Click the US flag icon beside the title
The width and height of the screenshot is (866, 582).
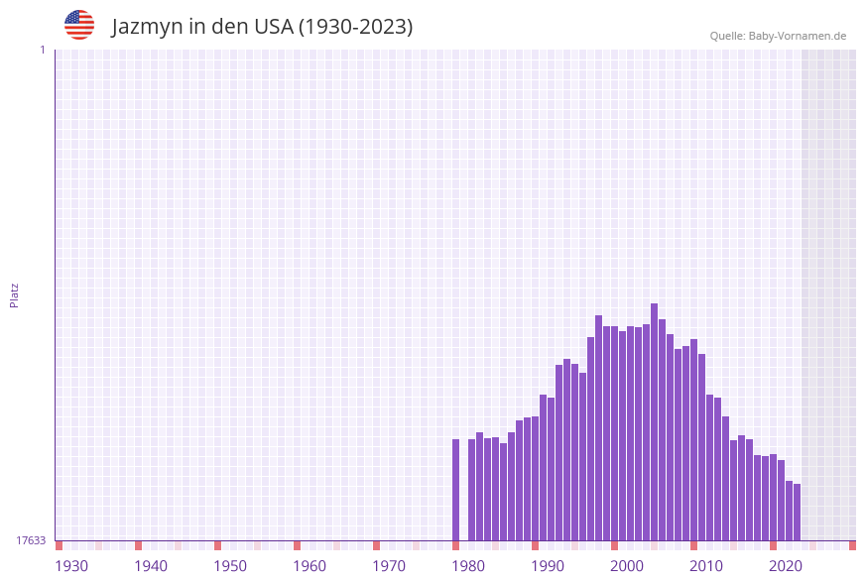(79, 25)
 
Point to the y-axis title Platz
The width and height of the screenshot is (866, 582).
(15, 294)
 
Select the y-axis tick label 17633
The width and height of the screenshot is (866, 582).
(31, 540)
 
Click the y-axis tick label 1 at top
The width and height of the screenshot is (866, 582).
(42, 50)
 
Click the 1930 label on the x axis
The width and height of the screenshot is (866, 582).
(71, 566)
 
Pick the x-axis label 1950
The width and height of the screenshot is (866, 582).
(230, 566)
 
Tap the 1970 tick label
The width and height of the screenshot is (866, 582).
(389, 566)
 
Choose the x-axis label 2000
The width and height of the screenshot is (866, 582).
(627, 566)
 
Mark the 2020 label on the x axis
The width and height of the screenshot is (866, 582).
(786, 566)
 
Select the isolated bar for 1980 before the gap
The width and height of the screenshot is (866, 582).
(456, 490)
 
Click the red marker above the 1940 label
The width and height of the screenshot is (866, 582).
(139, 545)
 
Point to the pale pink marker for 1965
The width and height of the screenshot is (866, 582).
(337, 545)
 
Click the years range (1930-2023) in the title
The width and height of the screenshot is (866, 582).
(355, 27)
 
